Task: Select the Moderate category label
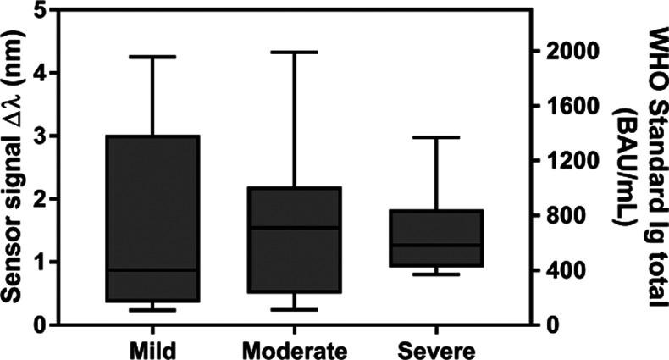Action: click(294, 349)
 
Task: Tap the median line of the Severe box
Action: click(435, 245)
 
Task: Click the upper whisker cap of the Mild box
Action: click(152, 57)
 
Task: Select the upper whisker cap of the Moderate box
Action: click(294, 52)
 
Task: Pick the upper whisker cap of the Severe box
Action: click(435, 136)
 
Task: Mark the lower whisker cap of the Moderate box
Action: click(294, 309)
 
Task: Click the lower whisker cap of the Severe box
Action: click(435, 274)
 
